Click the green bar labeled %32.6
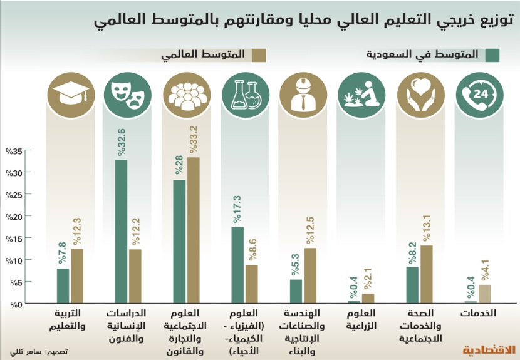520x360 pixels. click(x=122, y=232)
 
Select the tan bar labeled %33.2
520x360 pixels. click(x=194, y=230)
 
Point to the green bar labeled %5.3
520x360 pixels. click(x=296, y=291)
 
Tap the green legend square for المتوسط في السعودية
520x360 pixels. click(x=492, y=55)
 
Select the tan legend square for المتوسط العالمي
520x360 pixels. click(x=259, y=55)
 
